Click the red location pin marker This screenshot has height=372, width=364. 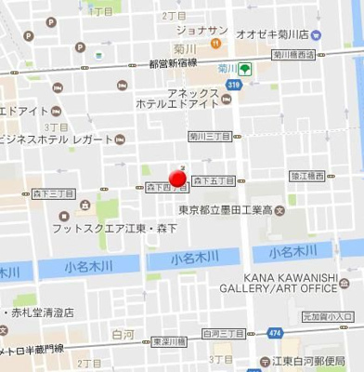(x=177, y=178)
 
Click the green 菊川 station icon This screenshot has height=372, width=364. (x=244, y=69)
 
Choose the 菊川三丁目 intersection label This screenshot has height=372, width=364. (x=209, y=136)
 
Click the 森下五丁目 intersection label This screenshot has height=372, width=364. (x=214, y=179)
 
